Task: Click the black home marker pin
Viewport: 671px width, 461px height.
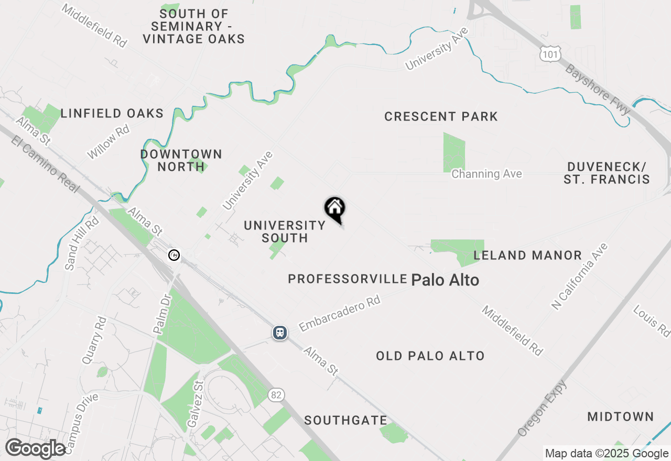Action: (x=334, y=209)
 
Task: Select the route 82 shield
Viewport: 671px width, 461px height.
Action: (x=277, y=394)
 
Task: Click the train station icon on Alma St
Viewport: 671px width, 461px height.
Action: (x=280, y=333)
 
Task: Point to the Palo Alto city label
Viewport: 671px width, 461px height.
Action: (x=445, y=280)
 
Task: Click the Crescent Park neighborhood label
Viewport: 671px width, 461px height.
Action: (x=441, y=116)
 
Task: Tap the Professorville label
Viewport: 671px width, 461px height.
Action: (x=348, y=279)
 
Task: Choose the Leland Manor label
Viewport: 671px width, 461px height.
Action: (x=527, y=256)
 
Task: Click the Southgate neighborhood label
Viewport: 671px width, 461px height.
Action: (x=345, y=420)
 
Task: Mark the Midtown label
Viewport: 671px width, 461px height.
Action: (x=620, y=417)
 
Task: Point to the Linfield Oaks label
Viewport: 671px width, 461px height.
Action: (x=112, y=113)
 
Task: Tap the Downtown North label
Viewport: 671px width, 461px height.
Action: (x=181, y=160)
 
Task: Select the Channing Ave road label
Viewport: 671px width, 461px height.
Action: (x=486, y=174)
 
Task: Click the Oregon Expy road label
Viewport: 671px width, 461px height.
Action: (x=543, y=409)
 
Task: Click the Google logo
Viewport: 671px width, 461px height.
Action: (x=35, y=449)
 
